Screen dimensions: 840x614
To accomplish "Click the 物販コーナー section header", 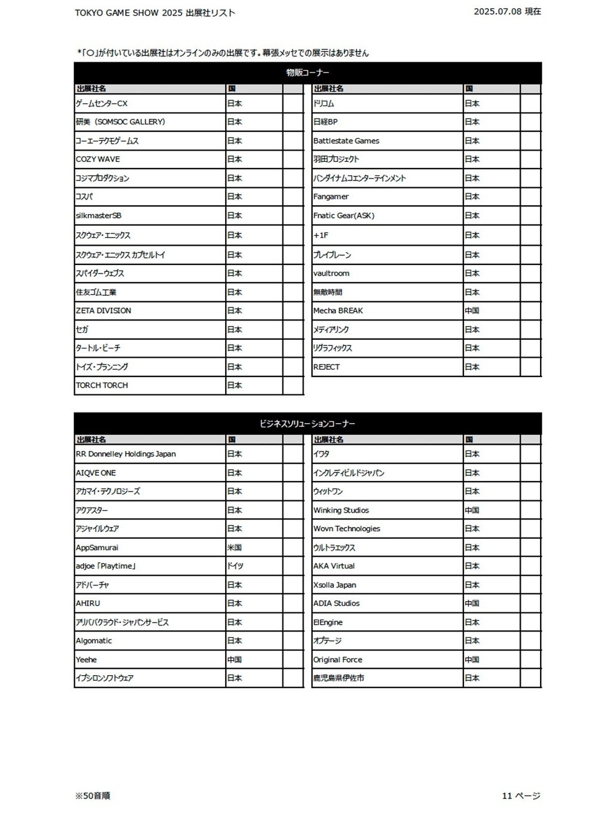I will click(x=307, y=73).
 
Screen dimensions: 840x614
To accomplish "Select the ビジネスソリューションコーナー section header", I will click(x=307, y=424).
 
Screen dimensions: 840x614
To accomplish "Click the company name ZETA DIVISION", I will click(x=103, y=310).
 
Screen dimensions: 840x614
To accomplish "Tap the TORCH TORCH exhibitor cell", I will click(x=101, y=385).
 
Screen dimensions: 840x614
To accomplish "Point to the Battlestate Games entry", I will click(x=346, y=141).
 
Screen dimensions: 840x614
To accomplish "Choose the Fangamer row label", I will click(x=331, y=197).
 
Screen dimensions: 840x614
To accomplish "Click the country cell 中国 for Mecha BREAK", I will click(x=472, y=310).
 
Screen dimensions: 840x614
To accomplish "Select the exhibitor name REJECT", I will click(x=327, y=366).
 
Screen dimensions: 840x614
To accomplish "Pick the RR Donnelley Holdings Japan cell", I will click(x=126, y=454).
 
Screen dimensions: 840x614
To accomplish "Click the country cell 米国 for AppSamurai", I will click(x=235, y=548).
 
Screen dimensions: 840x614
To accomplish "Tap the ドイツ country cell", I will click(x=235, y=566).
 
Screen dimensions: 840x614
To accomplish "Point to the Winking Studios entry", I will click(x=341, y=510).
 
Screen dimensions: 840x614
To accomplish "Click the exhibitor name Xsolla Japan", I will click(x=335, y=585).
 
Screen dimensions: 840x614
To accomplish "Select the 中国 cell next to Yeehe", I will click(x=235, y=660).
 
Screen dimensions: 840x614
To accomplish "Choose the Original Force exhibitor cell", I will click(x=337, y=660).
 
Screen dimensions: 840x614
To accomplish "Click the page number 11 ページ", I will click(x=521, y=796).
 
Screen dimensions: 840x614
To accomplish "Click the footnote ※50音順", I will click(x=93, y=796).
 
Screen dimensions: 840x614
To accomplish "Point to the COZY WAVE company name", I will click(x=98, y=159).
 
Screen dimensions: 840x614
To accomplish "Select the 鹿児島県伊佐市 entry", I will click(x=338, y=678).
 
